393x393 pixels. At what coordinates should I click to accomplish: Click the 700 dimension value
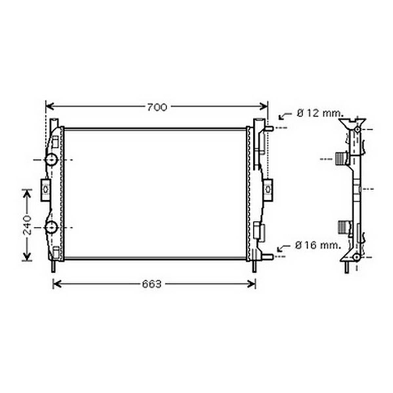(157, 107)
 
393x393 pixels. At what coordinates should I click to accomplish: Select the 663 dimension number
(152, 284)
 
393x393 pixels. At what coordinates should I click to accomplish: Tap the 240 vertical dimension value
(27, 225)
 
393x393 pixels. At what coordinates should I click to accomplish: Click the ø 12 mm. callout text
(320, 113)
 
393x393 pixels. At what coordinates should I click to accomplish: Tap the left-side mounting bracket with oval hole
(45, 190)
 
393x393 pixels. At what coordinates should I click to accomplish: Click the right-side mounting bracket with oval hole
(268, 190)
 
